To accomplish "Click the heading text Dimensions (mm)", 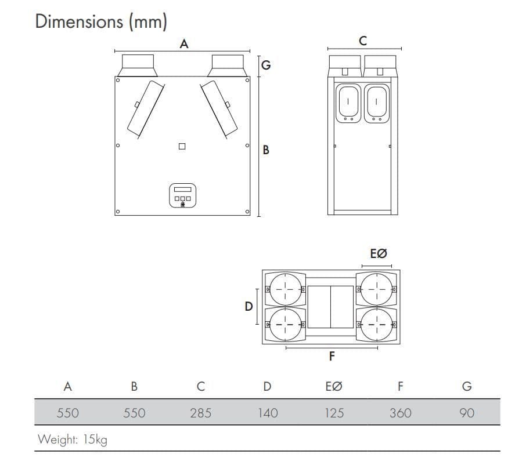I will click(101, 21).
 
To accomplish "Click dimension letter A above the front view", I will click(184, 43).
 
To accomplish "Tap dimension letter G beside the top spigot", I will click(266, 65).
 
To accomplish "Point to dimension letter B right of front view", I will click(266, 150).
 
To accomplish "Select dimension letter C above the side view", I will click(363, 41).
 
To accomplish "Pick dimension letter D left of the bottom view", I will click(249, 306).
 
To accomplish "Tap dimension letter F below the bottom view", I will click(332, 356).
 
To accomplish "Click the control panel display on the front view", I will click(182, 190).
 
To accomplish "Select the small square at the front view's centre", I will click(182, 147).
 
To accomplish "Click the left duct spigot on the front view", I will click(138, 65).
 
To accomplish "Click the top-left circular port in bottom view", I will click(285, 288).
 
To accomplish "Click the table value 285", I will click(200, 413).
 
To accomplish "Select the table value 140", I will click(267, 413).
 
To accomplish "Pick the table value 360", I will click(400, 413).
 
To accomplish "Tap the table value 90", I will click(466, 413).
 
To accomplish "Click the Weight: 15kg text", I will click(73, 439).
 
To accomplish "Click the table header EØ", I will click(334, 387).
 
